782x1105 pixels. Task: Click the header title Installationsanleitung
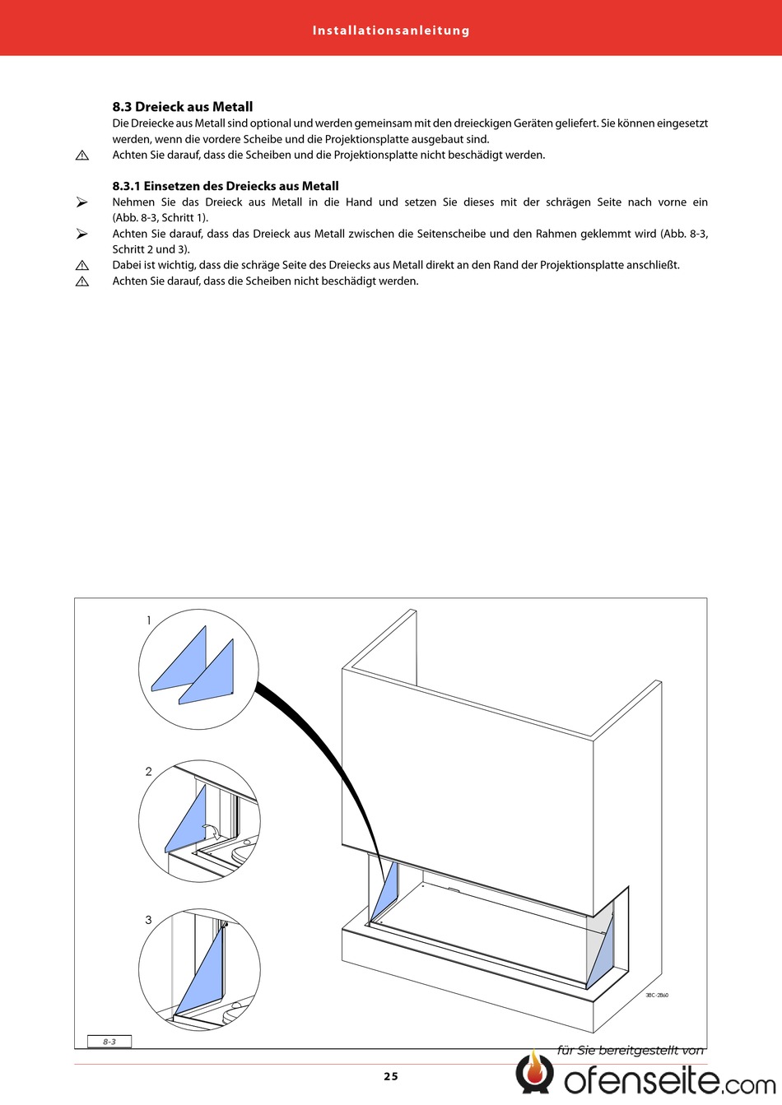tap(391, 30)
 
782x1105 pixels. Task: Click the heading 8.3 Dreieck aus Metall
tap(183, 107)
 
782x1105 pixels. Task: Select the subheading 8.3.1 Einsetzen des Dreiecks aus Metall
tap(226, 186)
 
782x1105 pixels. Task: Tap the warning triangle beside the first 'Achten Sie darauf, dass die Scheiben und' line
tap(81, 156)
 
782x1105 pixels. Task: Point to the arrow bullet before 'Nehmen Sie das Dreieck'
tap(81, 202)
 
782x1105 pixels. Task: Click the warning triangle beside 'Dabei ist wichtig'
tap(81, 266)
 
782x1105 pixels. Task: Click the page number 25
tap(390, 1076)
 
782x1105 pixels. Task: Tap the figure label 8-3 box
tap(109, 1042)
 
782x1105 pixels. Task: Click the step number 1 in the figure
tap(149, 620)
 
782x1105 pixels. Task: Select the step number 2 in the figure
tap(149, 772)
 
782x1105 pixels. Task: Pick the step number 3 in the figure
tap(149, 920)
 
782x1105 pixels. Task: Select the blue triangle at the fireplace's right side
tap(603, 954)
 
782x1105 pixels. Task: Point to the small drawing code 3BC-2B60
tap(657, 996)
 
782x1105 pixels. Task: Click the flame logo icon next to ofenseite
tap(535, 1073)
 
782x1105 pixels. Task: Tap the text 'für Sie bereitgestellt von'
tap(631, 1050)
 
